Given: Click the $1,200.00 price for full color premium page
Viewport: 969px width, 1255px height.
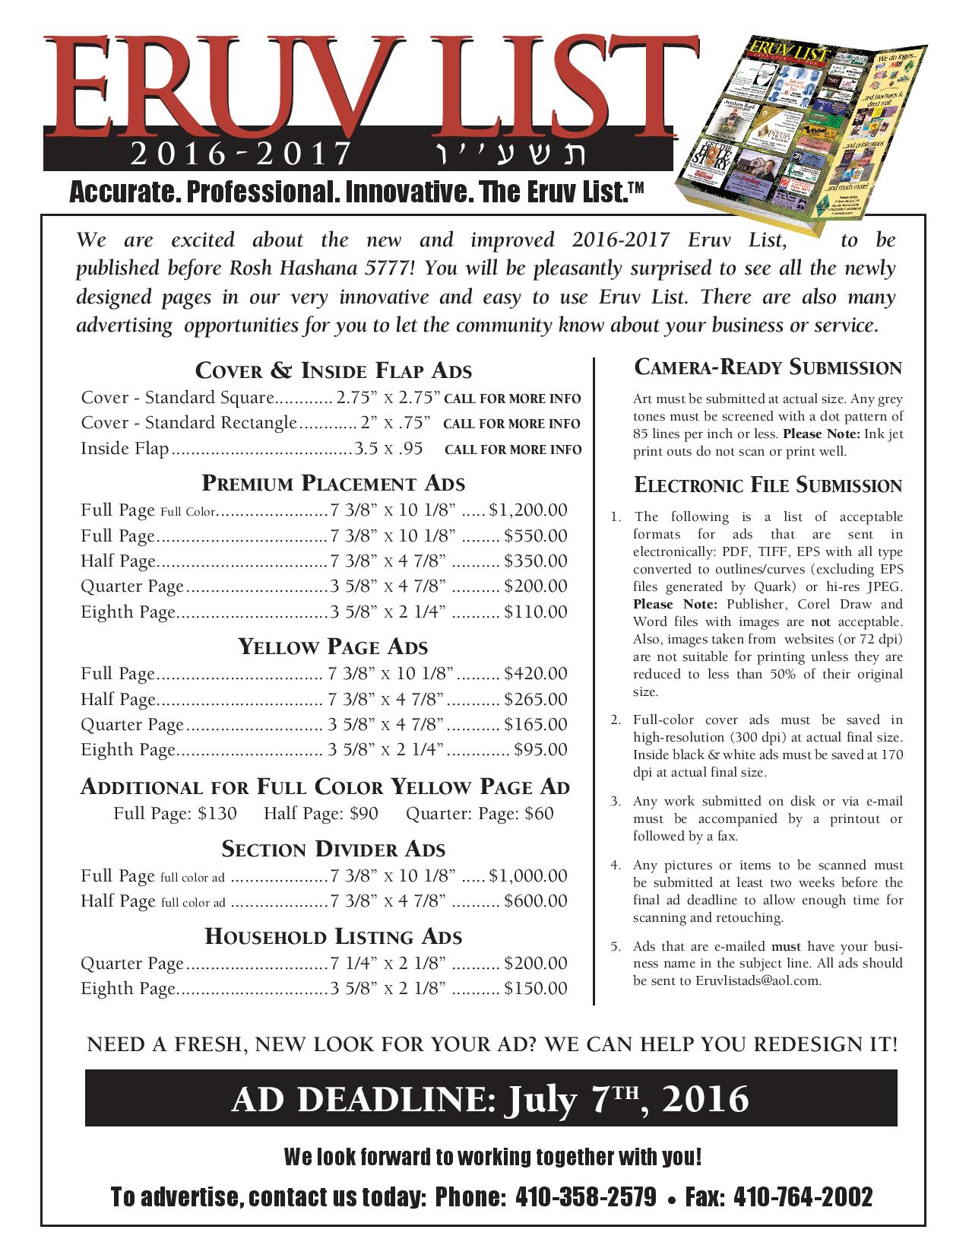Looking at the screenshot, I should [x=528, y=510].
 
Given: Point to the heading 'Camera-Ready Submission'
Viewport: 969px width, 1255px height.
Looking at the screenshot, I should [x=768, y=367].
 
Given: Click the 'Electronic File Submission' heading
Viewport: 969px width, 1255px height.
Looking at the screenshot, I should [x=768, y=485].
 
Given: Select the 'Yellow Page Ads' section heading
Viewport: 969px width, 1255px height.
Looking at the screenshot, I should [x=332, y=647].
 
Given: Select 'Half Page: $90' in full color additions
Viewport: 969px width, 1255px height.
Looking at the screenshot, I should [x=321, y=813].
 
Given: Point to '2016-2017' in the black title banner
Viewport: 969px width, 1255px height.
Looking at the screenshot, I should [x=239, y=155].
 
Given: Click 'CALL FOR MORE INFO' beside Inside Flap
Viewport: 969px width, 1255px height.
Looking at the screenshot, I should [x=513, y=450].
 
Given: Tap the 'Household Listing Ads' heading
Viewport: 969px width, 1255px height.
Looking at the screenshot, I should [x=333, y=936].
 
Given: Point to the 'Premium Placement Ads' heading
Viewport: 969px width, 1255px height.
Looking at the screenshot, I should [x=333, y=483].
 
